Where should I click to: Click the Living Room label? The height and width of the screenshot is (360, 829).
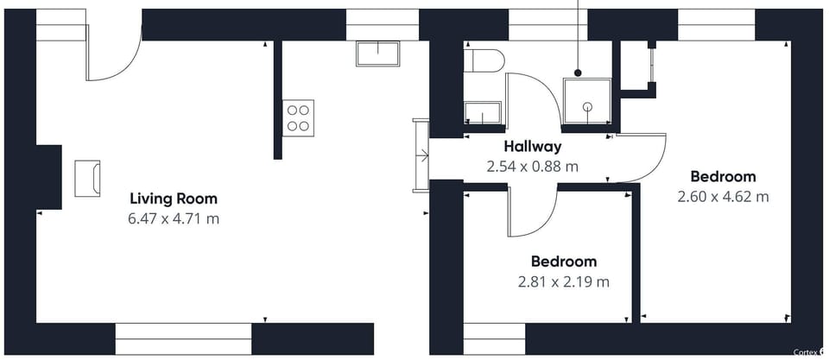pos(174,199)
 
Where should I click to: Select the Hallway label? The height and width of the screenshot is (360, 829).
pos(533,147)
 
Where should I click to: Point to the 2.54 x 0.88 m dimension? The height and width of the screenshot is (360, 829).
pos(533,167)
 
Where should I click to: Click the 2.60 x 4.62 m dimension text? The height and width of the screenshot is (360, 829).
pos(723,197)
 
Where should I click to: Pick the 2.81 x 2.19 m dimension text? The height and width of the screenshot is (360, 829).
pos(564,281)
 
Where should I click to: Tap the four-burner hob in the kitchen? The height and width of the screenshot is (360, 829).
pos(298,118)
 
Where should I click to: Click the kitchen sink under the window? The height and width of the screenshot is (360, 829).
pos(377,54)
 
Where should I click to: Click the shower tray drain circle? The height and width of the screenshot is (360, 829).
pos(587,107)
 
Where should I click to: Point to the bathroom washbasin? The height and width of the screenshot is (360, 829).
pos(482,113)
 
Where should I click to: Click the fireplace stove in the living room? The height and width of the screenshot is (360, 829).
pos(87,178)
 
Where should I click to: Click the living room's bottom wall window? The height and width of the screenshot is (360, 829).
pos(183,339)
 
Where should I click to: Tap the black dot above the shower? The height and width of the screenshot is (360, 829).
pos(578,73)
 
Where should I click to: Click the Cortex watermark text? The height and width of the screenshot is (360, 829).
pos(806,352)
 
